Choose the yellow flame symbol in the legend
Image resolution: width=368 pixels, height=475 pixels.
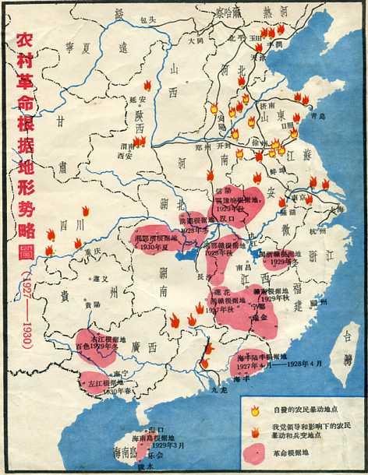pos(254,411)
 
